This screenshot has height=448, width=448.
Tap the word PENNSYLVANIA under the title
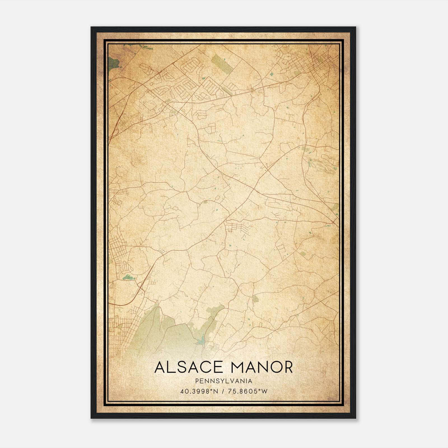coord(224,381)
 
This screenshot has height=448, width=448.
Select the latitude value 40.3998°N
coord(199,391)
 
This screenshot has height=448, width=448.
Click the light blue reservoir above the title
coord(200,341)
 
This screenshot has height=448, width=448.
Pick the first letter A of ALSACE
coord(160,367)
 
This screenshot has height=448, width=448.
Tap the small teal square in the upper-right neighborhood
coord(271,74)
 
